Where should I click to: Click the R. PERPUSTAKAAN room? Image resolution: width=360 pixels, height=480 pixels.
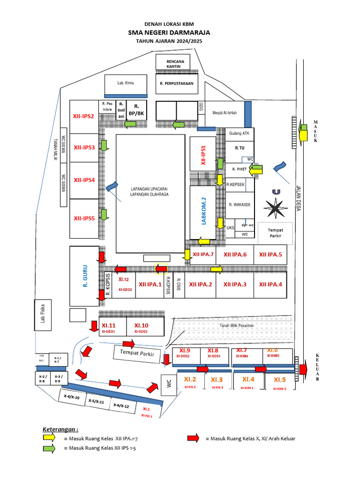click(x=176, y=84)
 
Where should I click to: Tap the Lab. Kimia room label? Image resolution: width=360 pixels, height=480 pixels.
click(x=126, y=83)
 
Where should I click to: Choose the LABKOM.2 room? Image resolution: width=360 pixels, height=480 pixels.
click(x=203, y=211)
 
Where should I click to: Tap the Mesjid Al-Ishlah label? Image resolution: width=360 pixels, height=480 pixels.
click(x=225, y=113)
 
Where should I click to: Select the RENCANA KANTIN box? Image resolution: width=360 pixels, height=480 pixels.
click(x=175, y=64)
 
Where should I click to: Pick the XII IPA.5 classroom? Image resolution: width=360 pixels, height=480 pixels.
click(x=270, y=255)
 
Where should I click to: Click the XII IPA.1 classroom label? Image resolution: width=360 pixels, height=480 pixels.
click(x=150, y=284)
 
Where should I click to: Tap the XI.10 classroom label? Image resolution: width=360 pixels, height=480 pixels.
click(x=141, y=326)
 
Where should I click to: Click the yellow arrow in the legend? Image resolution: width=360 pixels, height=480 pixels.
click(x=48, y=439)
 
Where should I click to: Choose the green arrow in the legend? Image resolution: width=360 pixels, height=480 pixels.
click(x=48, y=449)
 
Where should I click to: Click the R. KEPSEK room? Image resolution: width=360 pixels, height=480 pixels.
click(x=236, y=185)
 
